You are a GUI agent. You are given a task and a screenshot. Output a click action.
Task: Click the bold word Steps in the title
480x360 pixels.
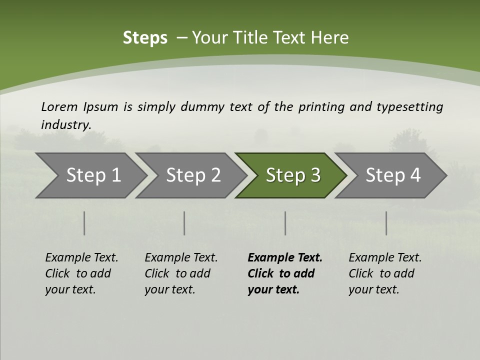point(145,38)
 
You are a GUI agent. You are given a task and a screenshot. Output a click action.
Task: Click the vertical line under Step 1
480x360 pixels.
point(84,223)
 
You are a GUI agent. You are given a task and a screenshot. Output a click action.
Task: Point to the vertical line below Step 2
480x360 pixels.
point(184,223)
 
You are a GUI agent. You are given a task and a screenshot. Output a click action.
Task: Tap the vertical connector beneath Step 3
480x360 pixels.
point(285,223)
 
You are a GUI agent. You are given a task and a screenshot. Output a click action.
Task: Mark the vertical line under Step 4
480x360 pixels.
point(386,223)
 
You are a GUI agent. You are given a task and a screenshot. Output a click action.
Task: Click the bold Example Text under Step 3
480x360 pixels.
point(285,258)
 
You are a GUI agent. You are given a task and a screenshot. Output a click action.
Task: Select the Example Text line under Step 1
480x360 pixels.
point(81,258)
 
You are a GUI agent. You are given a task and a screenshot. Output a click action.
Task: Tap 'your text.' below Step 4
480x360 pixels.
point(373,289)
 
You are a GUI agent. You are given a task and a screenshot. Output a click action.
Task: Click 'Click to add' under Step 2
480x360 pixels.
point(177,273)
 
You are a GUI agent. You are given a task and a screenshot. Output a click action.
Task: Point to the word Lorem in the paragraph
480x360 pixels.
point(59,106)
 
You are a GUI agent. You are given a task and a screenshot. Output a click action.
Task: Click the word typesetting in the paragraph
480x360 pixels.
point(409,107)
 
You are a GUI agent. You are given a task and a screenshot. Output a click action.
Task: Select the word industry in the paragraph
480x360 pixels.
point(65,124)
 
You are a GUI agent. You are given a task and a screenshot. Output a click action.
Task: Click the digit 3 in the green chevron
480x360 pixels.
point(315,175)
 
